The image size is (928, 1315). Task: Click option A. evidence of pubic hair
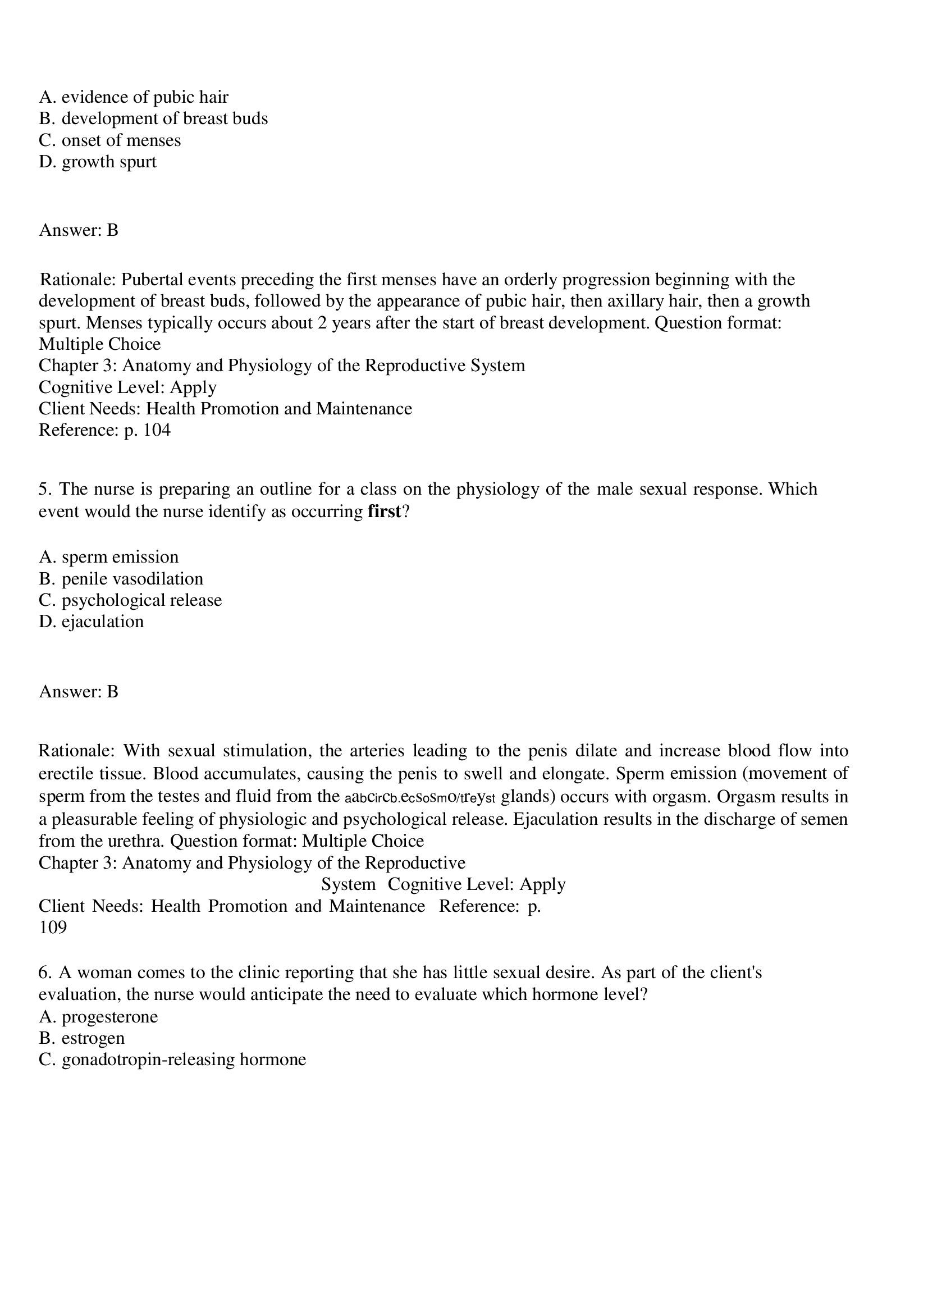pyautogui.click(x=134, y=97)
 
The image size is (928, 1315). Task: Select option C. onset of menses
pyautogui.click(x=109, y=140)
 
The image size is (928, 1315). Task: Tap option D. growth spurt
pyautogui.click(x=97, y=162)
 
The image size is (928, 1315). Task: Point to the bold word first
pyautogui.click(x=384, y=512)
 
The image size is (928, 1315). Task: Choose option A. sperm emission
pyautogui.click(x=109, y=556)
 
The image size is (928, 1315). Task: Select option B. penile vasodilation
pyautogui.click(x=121, y=578)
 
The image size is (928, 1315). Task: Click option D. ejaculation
pyautogui.click(x=91, y=622)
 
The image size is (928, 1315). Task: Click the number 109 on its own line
pyautogui.click(x=53, y=927)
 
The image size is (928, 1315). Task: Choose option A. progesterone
pyautogui.click(x=98, y=1017)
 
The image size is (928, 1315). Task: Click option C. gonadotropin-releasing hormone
pyautogui.click(x=172, y=1060)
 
